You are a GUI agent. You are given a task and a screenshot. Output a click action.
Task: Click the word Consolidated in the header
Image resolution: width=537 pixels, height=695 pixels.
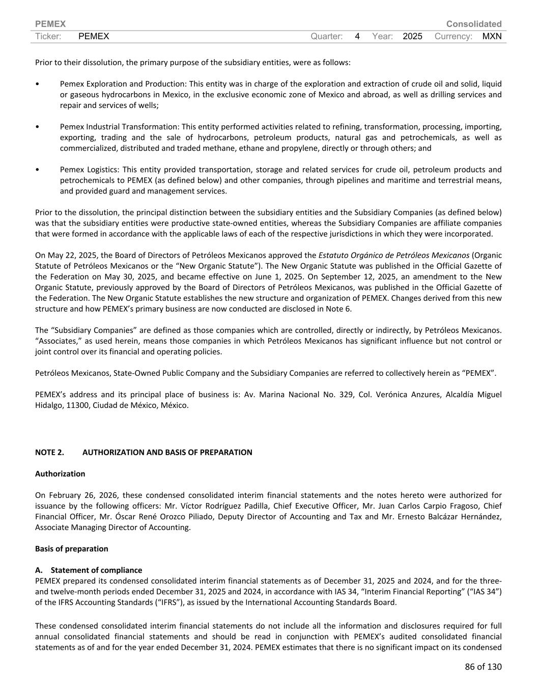[473, 24]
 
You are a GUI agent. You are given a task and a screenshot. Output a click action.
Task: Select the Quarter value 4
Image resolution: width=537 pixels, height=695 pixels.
[357, 36]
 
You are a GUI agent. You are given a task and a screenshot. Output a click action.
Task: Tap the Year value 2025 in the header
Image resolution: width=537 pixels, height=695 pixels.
[412, 36]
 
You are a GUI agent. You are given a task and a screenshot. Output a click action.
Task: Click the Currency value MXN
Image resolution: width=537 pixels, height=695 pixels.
[492, 36]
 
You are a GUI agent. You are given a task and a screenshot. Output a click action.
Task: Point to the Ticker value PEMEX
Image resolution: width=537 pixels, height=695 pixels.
[94, 36]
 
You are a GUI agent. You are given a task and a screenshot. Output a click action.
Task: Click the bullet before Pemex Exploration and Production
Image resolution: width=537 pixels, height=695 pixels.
[38, 84]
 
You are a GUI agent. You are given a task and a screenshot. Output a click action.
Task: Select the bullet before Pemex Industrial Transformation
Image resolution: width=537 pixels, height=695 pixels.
[38, 127]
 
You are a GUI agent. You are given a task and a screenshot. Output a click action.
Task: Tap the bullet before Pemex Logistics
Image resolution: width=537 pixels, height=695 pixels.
[38, 170]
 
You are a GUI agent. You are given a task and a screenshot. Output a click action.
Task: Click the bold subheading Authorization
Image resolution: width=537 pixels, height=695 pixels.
[60, 474]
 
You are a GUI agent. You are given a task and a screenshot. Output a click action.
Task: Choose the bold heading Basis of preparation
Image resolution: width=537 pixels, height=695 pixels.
[72, 548]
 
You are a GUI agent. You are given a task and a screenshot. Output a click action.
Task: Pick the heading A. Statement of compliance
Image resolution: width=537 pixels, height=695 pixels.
[89, 570]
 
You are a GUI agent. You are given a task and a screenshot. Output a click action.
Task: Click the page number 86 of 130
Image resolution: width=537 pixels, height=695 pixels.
[483, 666]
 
